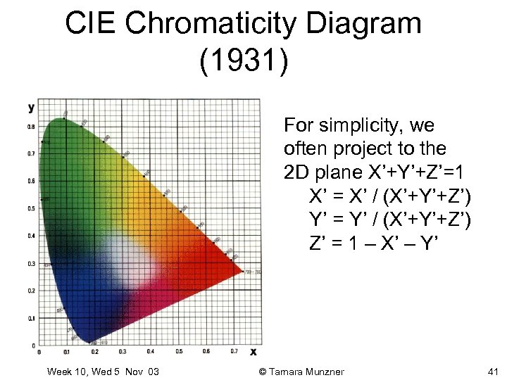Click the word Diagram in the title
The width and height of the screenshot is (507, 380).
coord(368,25)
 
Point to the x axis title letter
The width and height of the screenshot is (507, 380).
coord(254,351)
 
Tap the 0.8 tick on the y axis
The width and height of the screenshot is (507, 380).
coord(30,127)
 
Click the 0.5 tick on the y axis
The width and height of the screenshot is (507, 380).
coord(30,208)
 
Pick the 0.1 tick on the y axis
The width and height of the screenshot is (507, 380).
coord(30,318)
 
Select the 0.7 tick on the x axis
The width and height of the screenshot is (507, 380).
coord(234,351)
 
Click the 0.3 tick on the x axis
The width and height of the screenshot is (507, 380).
coord(123,351)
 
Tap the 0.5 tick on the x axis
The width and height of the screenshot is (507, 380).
coord(178,351)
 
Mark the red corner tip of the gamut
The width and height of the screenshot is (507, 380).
coord(242,271)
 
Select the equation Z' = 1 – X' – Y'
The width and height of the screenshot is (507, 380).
coord(374,243)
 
